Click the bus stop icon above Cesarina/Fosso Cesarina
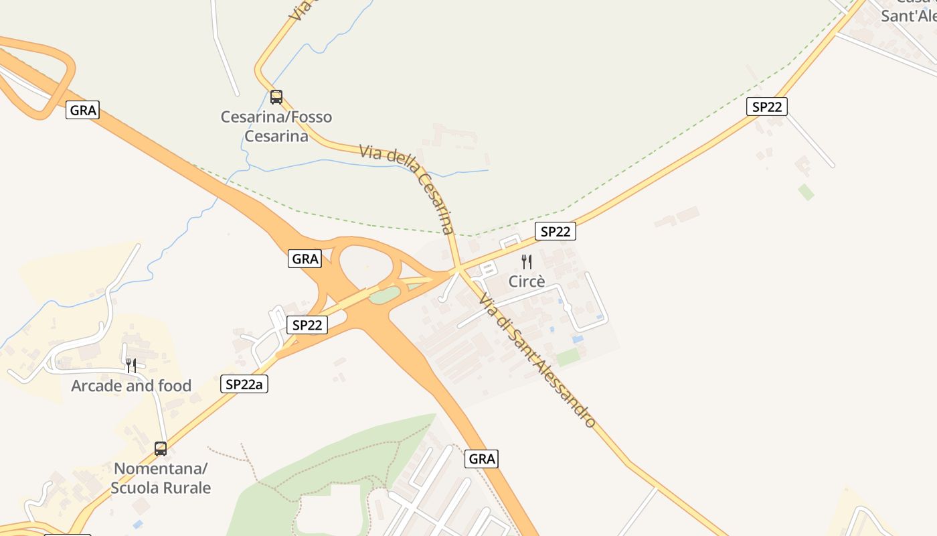(276, 97)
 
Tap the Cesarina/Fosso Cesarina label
(276, 127)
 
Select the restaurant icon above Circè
(527, 262)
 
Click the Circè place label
(527, 281)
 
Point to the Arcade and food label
(131, 386)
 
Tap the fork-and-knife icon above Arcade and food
(131, 365)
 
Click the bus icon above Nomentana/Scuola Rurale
(161, 448)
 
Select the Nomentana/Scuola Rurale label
(161, 478)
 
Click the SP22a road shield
(244, 384)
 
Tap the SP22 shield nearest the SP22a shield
(307, 326)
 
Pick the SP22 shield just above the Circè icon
(556, 232)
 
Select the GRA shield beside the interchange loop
(305, 259)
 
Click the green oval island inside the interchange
(385, 295)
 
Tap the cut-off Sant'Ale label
(908, 15)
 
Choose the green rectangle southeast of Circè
(568, 357)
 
